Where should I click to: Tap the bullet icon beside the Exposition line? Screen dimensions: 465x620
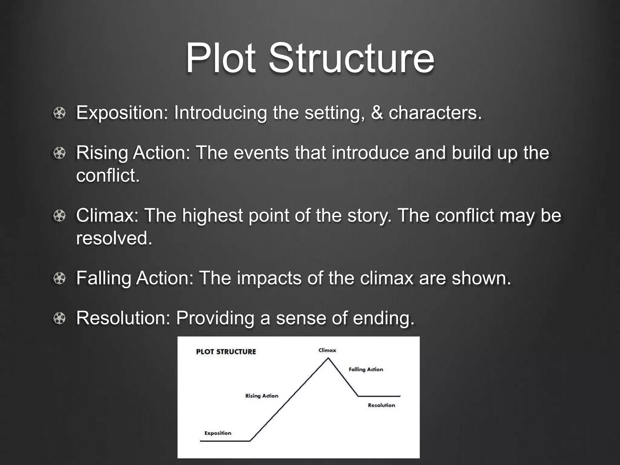click(x=59, y=113)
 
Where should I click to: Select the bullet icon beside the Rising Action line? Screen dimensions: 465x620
click(x=59, y=153)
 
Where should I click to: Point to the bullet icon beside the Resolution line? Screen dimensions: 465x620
click(x=59, y=318)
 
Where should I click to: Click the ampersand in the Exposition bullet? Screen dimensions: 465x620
click(x=377, y=113)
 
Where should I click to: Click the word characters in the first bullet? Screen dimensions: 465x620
click(x=435, y=113)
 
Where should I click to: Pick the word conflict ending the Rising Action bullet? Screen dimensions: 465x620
click(x=107, y=175)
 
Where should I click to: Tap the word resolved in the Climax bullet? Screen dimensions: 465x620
click(x=114, y=238)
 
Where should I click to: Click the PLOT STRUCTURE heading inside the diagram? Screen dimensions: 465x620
click(x=226, y=352)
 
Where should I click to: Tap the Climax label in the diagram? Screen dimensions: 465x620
click(x=327, y=350)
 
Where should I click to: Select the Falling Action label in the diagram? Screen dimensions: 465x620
click(x=366, y=369)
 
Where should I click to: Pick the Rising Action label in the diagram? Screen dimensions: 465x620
click(x=262, y=396)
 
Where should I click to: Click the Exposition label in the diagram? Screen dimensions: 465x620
click(x=218, y=433)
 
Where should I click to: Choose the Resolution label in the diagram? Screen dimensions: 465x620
click(x=381, y=405)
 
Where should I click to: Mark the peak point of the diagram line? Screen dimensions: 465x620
click(x=328, y=358)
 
